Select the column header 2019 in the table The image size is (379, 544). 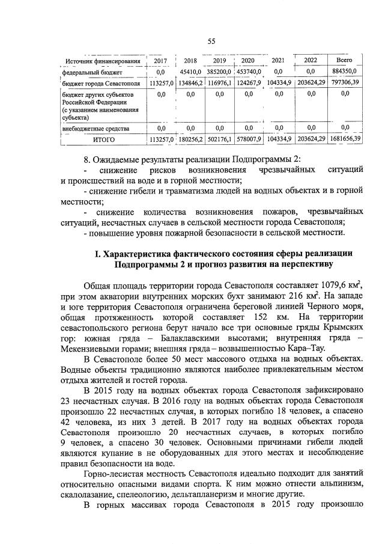pos(219,61)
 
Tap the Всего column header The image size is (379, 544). pos(344,60)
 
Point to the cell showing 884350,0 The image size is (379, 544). pos(344,72)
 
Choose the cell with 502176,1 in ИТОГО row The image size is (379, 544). pos(219,139)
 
